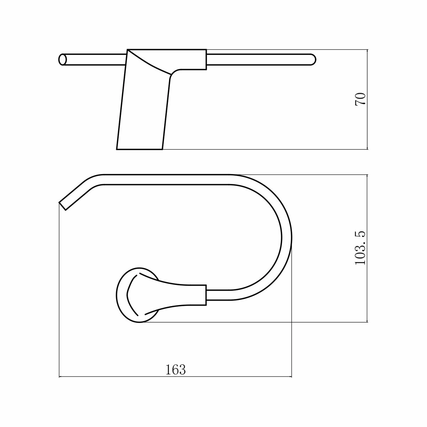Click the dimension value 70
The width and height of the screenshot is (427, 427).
pos(360,99)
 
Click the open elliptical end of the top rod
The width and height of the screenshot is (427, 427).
pos(63,60)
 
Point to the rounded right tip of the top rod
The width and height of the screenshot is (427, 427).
pos(313,60)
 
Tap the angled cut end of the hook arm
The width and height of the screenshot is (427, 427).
pos(63,206)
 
